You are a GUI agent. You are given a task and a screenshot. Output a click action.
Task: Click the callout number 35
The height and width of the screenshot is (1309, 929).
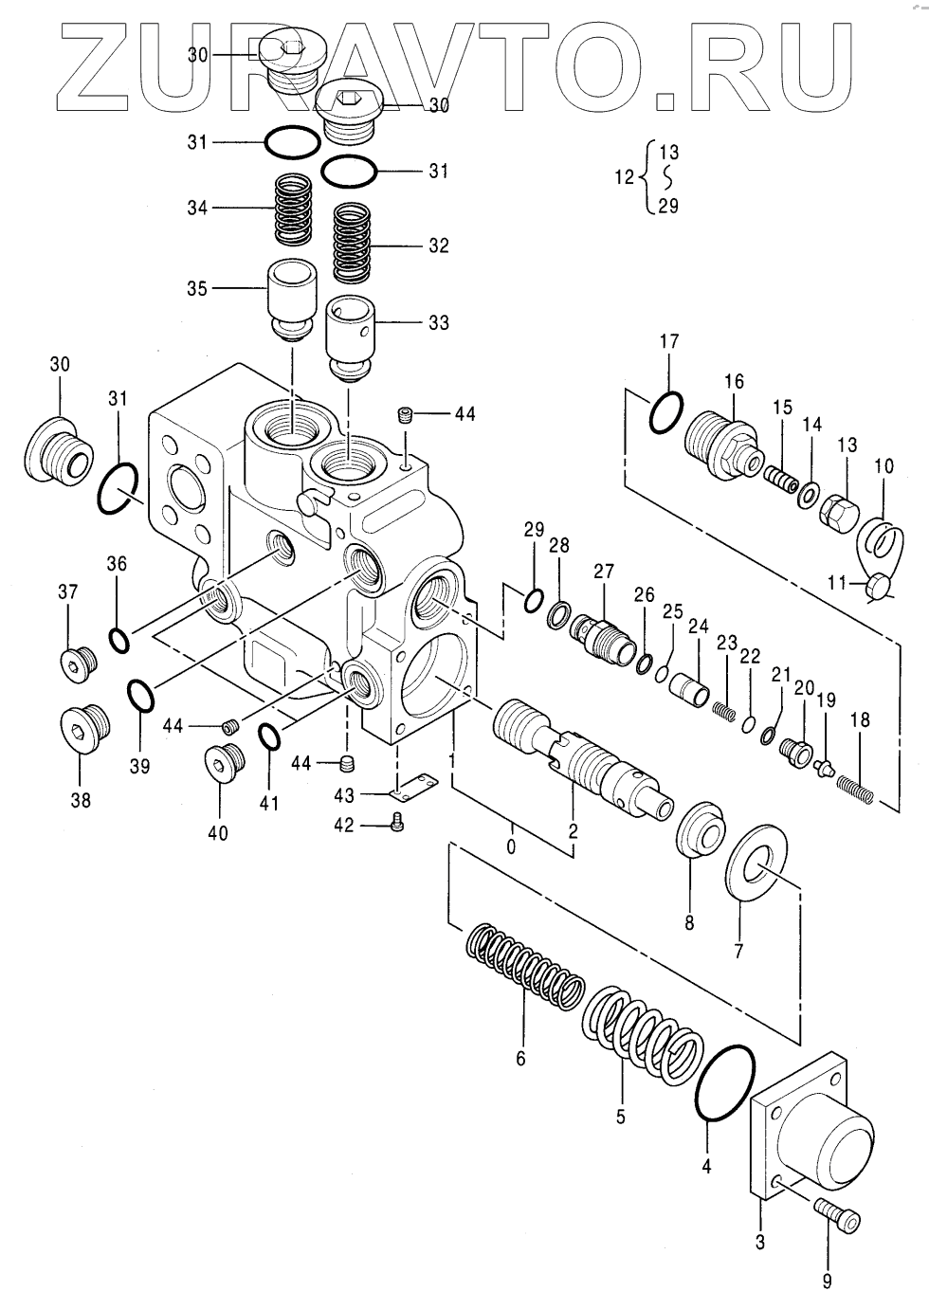(197, 289)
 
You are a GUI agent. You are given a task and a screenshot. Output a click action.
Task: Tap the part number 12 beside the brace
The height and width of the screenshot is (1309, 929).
(624, 177)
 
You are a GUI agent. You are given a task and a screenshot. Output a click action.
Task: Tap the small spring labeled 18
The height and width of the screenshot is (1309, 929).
(854, 789)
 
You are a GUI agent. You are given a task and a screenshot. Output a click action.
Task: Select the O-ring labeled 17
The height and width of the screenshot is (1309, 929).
(665, 412)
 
